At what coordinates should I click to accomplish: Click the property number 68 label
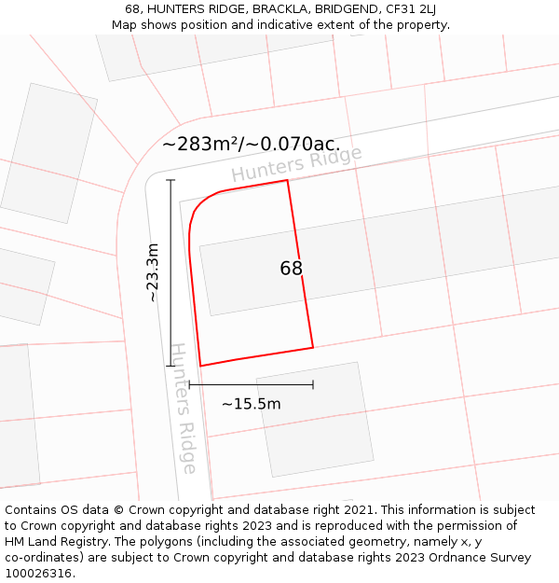292,269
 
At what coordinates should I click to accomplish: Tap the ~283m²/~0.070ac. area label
251,145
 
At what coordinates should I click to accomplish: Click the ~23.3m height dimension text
154,272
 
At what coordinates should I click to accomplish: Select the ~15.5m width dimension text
251,404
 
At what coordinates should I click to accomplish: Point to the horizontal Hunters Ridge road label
296,164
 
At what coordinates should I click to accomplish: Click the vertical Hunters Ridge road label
183,409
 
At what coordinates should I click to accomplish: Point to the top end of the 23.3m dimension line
170,180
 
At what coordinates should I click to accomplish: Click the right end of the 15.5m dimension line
313,383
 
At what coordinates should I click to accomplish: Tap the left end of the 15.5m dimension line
189,383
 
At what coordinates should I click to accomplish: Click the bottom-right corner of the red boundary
313,348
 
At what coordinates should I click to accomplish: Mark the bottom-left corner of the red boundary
200,366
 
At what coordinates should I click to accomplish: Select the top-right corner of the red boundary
287,180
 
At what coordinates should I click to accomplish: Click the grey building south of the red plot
315,419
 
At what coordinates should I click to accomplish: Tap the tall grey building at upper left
48,153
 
